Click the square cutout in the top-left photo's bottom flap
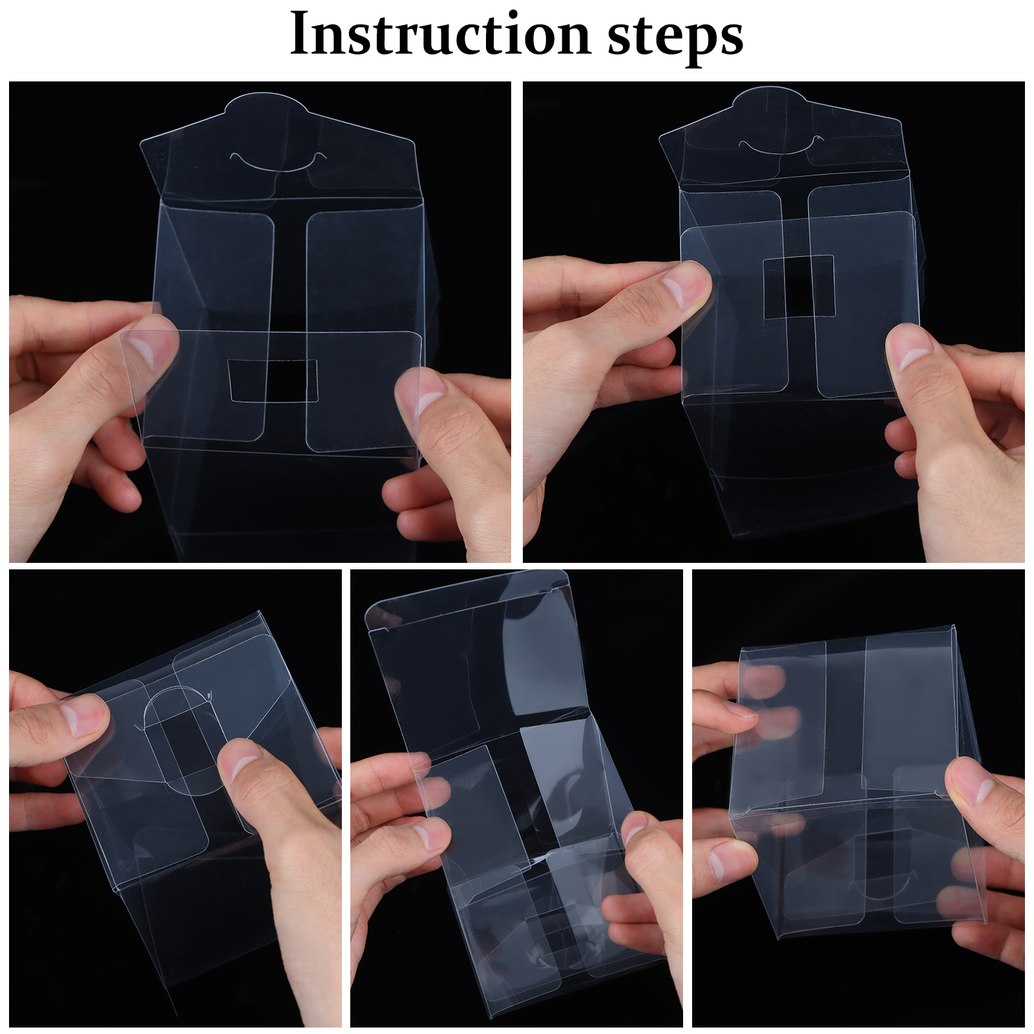point(273,380)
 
